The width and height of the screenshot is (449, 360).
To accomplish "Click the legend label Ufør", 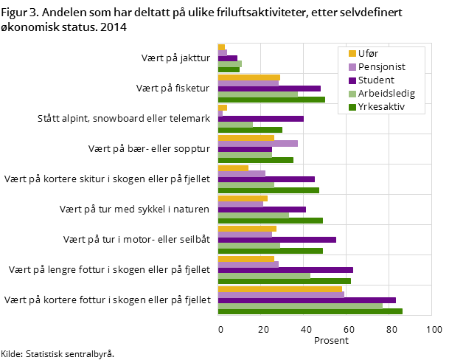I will point(369,53).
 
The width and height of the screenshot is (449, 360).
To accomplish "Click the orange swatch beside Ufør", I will point(352,53).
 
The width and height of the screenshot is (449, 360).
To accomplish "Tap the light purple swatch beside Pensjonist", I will point(352,66).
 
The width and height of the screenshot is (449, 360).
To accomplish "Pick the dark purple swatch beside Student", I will point(352,80).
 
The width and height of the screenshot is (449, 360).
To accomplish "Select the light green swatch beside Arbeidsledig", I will point(352,94).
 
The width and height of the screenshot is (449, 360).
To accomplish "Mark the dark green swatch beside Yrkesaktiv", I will point(352,108).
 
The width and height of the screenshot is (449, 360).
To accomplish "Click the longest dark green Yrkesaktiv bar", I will point(310,311).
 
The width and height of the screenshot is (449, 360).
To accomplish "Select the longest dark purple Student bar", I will point(307,300).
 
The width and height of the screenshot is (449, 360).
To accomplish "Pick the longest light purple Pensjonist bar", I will point(281,294).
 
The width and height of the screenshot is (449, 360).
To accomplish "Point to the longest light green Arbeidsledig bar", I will point(300,305).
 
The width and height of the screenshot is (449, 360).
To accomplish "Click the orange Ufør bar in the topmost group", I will point(221,47).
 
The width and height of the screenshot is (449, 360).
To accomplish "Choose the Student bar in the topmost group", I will point(228,58).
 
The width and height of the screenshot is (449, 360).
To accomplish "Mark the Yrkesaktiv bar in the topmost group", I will point(229,69).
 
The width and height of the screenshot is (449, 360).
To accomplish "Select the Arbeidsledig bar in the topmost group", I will point(230,63).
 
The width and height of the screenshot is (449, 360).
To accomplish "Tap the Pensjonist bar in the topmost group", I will point(223,52).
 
